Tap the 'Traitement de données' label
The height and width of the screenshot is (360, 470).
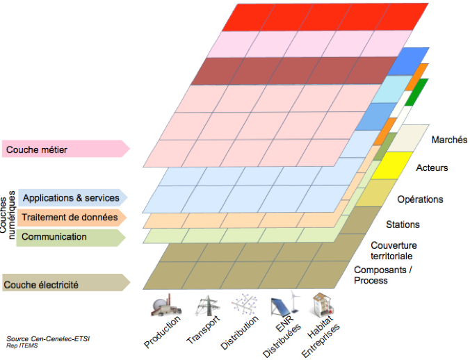[x=69, y=218]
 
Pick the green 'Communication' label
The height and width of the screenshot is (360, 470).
[x=54, y=237]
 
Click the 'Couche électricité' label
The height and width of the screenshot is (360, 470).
[x=41, y=284]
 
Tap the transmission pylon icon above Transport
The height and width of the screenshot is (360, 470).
[x=206, y=306]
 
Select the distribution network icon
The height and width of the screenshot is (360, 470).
[x=243, y=306]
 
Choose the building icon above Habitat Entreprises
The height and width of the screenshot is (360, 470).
[x=322, y=306]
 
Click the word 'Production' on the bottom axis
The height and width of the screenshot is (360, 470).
[x=163, y=332]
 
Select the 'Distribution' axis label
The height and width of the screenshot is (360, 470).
[x=240, y=334]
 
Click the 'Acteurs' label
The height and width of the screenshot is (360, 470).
[x=432, y=168]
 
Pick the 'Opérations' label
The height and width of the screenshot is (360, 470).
[x=420, y=199]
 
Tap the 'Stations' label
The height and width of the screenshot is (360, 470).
[x=403, y=225]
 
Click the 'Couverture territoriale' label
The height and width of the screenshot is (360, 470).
[x=394, y=250]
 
